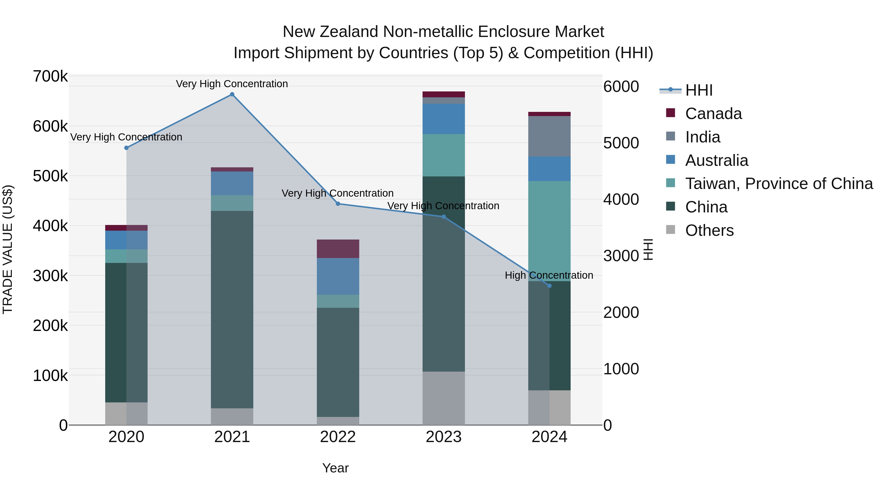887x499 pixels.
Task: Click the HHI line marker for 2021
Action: point(232,94)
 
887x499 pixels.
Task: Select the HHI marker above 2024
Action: point(549,286)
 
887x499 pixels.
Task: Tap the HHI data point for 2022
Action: point(338,204)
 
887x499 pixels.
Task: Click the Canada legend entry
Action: point(713,114)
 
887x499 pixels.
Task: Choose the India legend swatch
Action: point(670,136)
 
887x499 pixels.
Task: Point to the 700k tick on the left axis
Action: point(50,76)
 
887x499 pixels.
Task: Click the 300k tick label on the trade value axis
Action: point(50,276)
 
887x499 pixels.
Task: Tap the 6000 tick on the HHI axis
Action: point(621,86)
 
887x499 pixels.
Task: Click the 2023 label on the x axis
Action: point(443,437)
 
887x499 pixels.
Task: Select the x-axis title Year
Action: point(335,468)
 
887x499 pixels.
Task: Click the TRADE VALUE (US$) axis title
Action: point(8,249)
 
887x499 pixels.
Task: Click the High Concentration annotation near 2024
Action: point(549,275)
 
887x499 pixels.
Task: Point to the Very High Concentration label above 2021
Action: point(232,84)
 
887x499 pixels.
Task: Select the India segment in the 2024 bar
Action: point(549,136)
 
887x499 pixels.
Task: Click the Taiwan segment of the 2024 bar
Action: point(549,231)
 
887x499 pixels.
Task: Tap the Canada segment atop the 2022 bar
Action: point(338,249)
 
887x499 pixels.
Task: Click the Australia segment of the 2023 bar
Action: point(443,119)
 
